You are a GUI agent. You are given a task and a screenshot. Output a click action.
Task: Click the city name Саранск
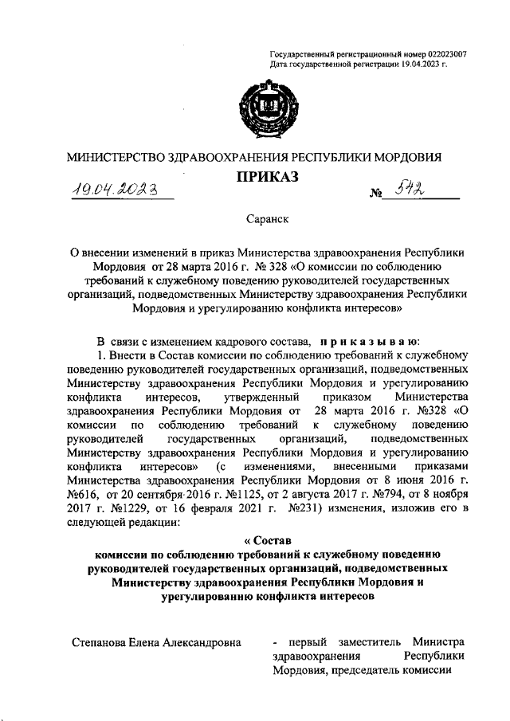[265, 216]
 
